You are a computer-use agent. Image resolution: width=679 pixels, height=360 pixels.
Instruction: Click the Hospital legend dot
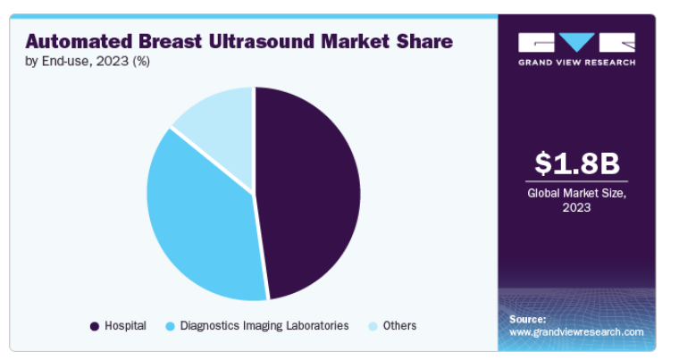point(95,326)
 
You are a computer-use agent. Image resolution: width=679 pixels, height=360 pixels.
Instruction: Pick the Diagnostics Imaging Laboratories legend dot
point(170,326)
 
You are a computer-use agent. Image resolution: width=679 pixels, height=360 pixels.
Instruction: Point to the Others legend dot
point(373,326)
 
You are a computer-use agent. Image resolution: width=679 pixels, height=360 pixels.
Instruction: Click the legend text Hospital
point(126,325)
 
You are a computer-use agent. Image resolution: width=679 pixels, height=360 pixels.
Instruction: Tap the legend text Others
point(399,325)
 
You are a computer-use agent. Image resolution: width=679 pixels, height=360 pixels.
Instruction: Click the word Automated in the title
point(79,42)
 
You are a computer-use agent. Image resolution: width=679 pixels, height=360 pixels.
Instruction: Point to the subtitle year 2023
point(113,61)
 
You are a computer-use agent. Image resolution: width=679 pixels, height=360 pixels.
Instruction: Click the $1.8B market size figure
point(577,163)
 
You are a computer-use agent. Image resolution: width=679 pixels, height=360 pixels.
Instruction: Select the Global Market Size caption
point(577,200)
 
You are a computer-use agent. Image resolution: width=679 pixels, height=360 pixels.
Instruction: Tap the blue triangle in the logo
point(577,42)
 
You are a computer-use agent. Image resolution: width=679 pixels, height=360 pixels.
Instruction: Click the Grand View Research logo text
point(577,63)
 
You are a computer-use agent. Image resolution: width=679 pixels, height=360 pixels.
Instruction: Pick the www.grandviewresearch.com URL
point(576,332)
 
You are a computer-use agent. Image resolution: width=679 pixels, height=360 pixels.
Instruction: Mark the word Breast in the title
point(170,42)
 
